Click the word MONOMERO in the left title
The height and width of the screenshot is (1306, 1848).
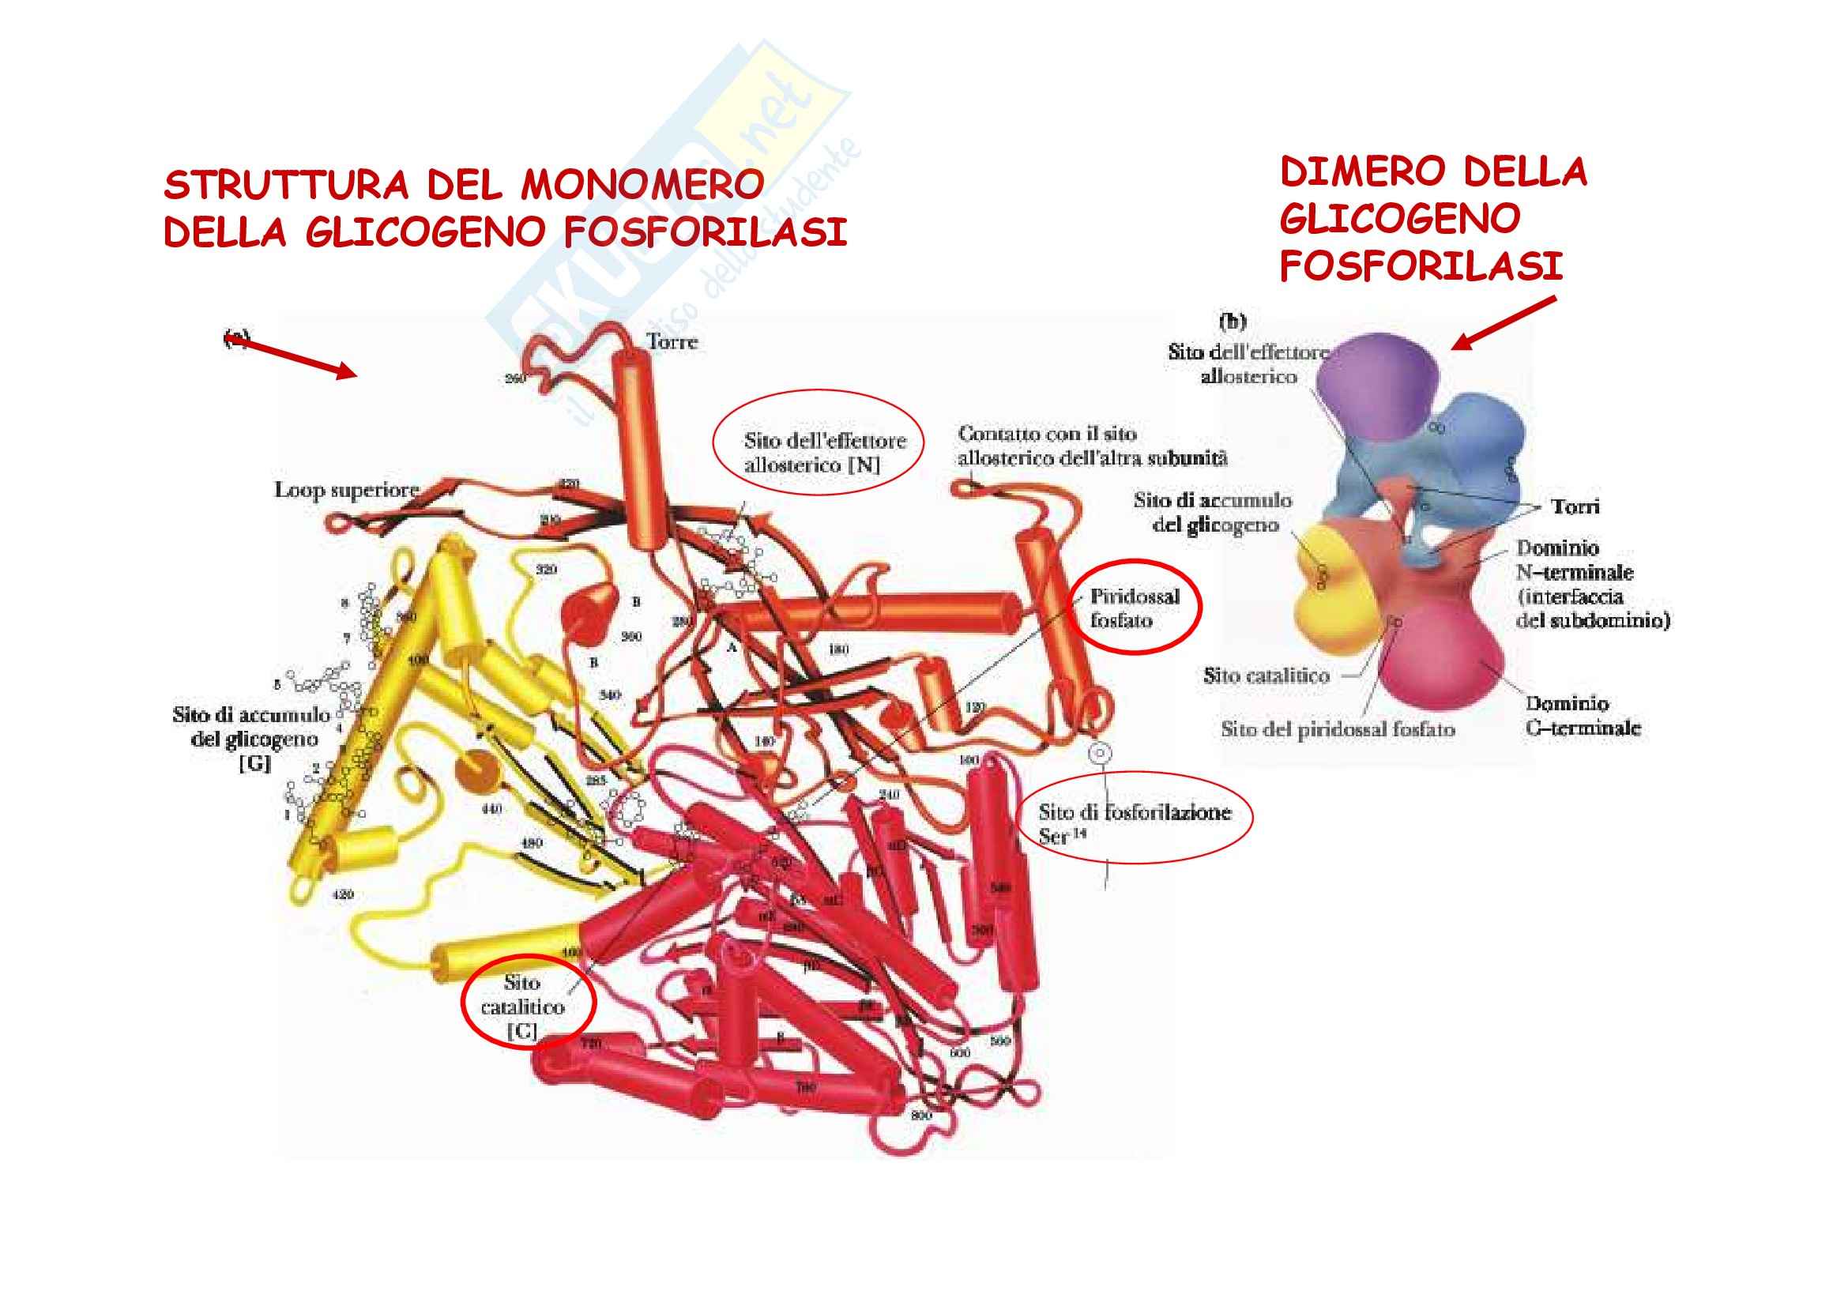coord(642,185)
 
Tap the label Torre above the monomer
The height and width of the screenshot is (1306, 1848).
coord(672,342)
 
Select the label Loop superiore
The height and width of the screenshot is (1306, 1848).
coord(347,490)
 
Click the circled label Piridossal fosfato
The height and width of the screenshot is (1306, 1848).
coord(1134,608)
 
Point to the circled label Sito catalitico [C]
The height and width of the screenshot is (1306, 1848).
coord(523,1006)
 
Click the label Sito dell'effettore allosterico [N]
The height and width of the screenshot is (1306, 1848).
coord(824,452)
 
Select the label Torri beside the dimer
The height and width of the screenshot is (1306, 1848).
coord(1575,507)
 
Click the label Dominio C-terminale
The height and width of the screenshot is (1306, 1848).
coord(1583,715)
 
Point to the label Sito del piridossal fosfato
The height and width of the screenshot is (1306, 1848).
coord(1338,729)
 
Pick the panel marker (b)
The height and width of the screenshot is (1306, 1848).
coord(1233,322)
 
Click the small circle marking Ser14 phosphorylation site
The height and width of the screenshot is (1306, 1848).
coord(1100,753)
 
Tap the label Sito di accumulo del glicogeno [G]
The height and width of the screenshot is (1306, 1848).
coord(253,738)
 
